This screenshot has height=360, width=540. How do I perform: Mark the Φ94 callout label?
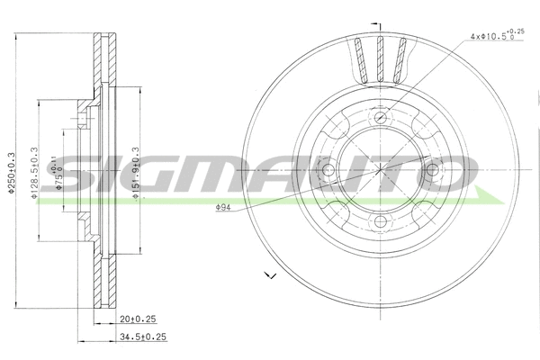[x=224, y=209]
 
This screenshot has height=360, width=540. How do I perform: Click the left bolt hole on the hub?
[x=328, y=169]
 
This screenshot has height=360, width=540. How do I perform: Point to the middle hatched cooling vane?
[x=380, y=58]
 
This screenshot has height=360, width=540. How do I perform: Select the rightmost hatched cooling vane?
[x=402, y=61]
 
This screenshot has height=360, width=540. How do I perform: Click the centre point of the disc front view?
[x=380, y=169]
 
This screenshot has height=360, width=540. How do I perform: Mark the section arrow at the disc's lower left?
[x=268, y=274]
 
